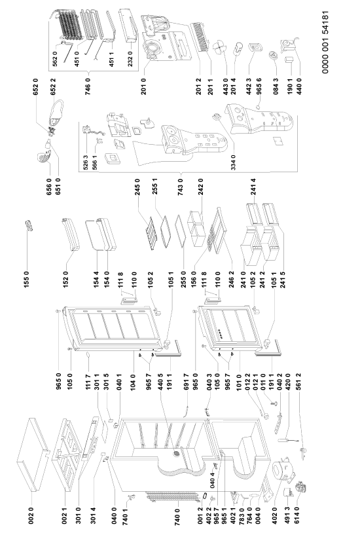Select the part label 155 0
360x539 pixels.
click(26, 278)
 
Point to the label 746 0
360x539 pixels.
click(88, 86)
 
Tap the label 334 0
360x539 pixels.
click(234, 162)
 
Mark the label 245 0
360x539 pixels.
click(137, 187)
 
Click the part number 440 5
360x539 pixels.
click(160, 382)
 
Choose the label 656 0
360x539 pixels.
click(50, 187)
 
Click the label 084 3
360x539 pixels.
click(276, 86)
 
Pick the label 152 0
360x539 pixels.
click(66, 278)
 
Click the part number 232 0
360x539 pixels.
click(130, 58)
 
